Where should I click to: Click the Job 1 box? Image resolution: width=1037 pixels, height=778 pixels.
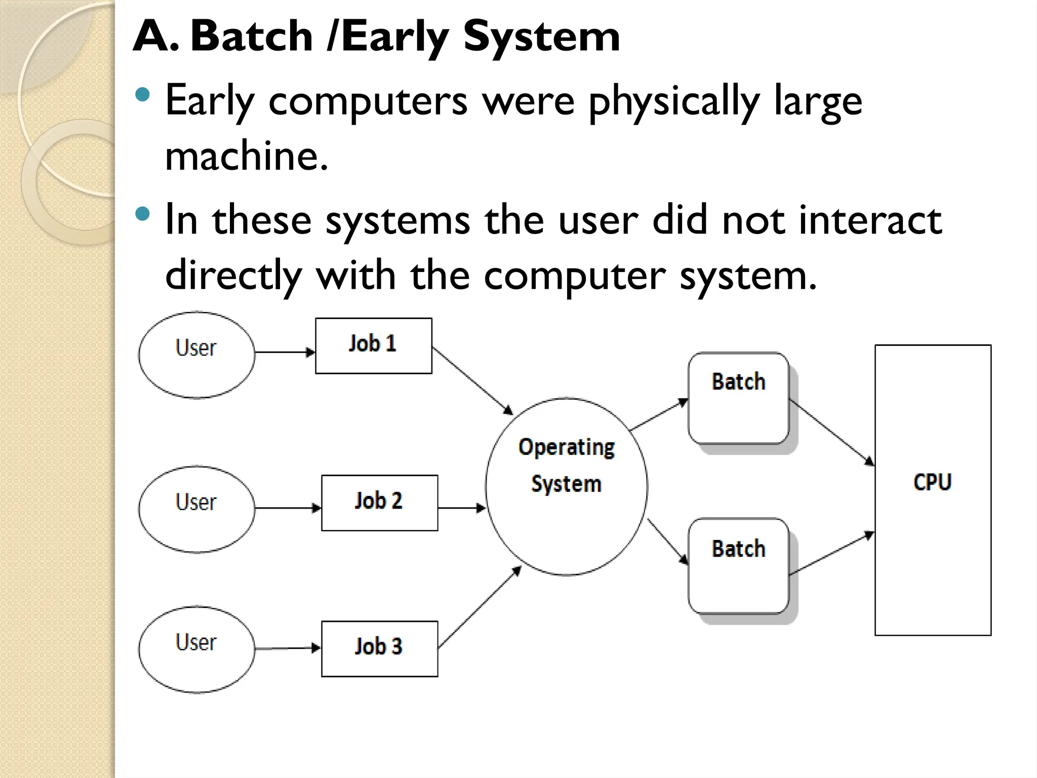point(373,345)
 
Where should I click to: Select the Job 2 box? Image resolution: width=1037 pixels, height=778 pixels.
point(379,502)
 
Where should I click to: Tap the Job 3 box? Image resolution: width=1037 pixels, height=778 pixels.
point(379,648)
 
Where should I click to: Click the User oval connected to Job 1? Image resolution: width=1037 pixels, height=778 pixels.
point(196,355)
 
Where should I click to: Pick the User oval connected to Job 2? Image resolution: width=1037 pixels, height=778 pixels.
point(196,509)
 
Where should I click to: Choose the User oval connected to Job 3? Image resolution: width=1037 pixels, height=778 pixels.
point(196,649)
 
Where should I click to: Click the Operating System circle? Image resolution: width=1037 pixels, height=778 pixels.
point(566,486)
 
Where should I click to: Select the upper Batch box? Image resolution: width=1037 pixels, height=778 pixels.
point(738,398)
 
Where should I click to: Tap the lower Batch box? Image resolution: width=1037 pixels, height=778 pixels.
point(738,565)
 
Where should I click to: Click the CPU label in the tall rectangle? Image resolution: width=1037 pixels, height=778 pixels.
point(932,482)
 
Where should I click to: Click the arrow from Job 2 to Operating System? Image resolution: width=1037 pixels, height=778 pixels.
point(461,508)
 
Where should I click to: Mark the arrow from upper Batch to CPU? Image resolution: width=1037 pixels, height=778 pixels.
point(831,432)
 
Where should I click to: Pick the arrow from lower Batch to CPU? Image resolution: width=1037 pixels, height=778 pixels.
point(831,554)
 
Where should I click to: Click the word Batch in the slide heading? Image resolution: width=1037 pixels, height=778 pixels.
point(252,36)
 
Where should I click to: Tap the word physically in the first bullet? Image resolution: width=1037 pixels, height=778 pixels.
point(673,101)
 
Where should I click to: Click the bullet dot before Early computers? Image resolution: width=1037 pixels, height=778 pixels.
point(143,94)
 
